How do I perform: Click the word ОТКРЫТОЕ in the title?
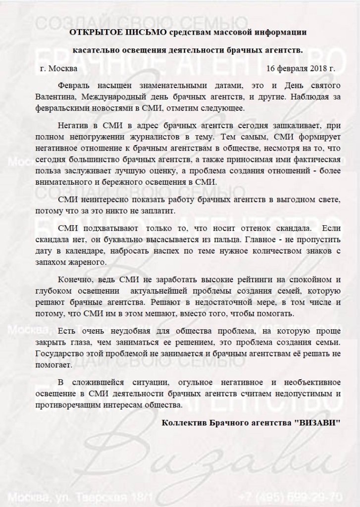[92, 32]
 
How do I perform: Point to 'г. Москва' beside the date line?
[60, 67]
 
